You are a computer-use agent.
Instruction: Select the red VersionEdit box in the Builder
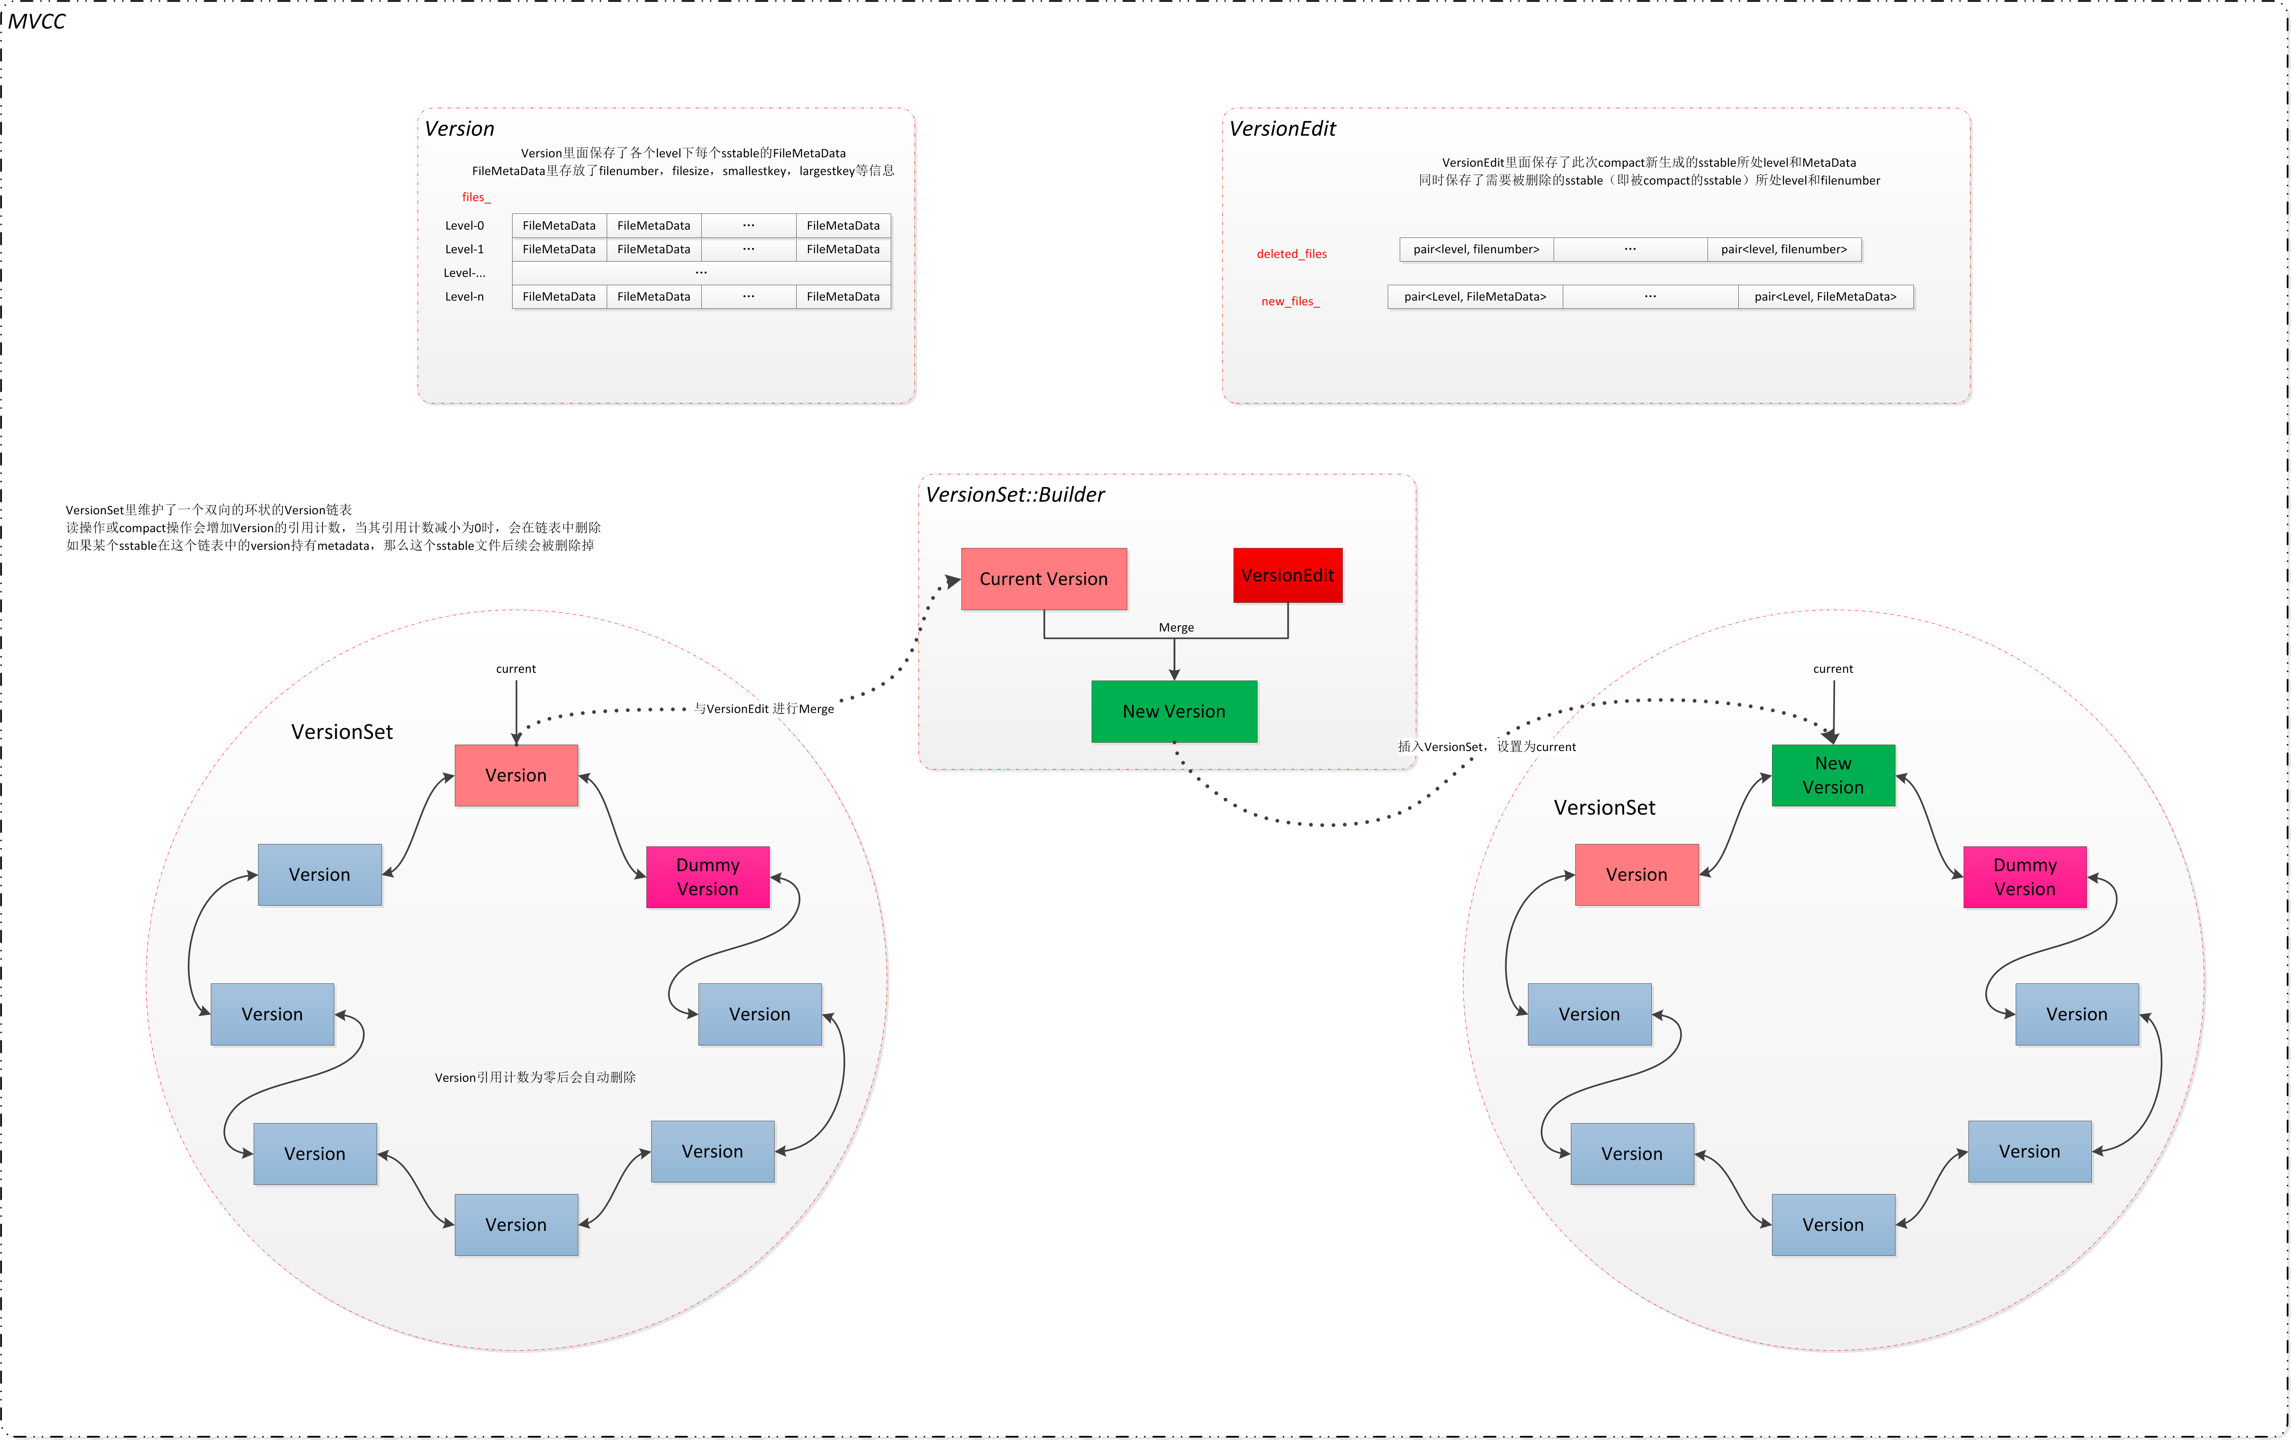[1287, 576]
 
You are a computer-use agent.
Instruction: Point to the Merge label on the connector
[1176, 628]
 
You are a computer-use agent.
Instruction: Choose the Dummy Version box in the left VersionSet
[707, 877]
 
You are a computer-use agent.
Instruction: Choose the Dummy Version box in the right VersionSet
[2025, 877]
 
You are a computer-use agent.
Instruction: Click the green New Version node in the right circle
[1833, 775]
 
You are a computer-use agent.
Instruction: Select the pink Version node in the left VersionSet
[516, 775]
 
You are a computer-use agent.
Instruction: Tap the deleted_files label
[1291, 254]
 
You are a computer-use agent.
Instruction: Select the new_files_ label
[1290, 302]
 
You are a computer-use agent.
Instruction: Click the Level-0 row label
[464, 226]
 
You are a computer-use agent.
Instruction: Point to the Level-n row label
[464, 297]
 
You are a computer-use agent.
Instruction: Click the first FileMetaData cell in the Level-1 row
[559, 249]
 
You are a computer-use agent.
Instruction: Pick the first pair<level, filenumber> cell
[1476, 249]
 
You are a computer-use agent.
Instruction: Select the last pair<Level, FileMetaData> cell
[1825, 297]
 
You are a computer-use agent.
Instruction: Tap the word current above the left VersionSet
[516, 669]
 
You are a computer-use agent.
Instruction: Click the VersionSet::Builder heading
[1015, 495]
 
